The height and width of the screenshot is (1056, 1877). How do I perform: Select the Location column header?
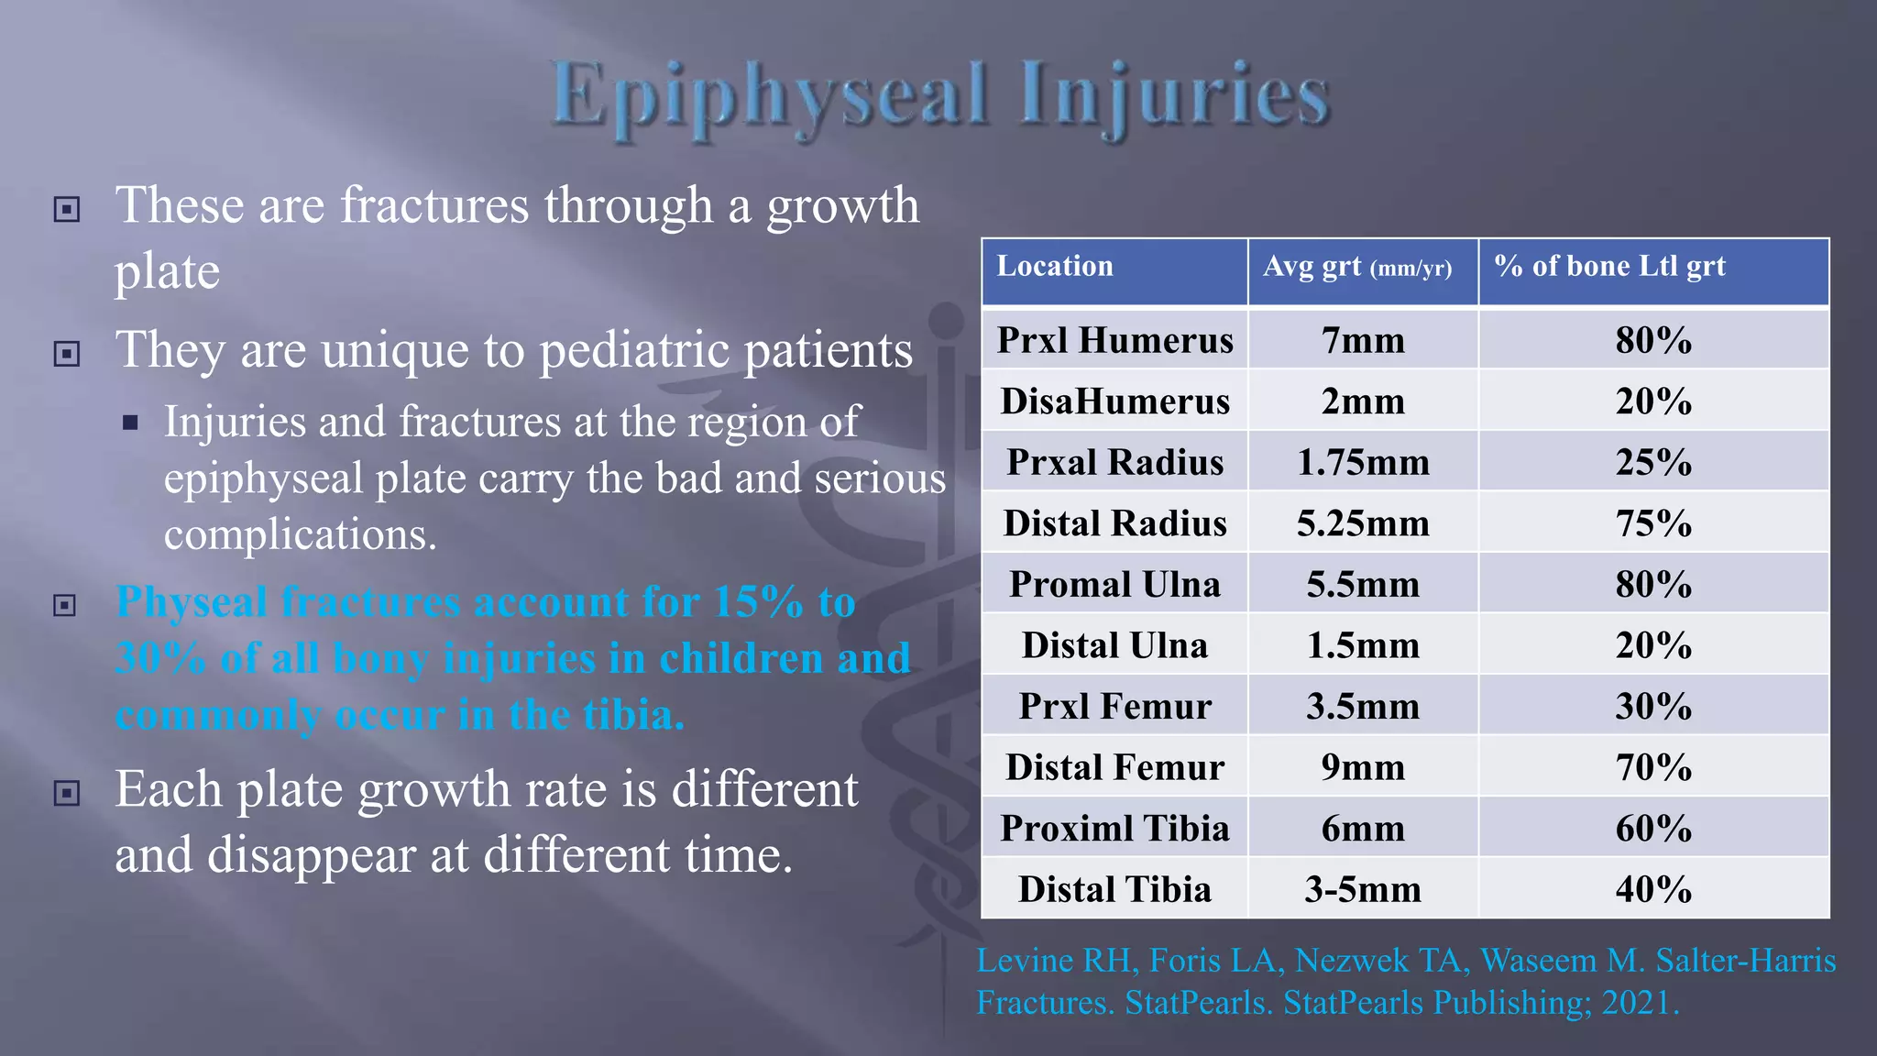click(x=1055, y=267)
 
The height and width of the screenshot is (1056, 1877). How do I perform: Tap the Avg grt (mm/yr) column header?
click(x=1357, y=267)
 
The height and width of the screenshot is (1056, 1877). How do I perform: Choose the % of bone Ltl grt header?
click(x=1609, y=267)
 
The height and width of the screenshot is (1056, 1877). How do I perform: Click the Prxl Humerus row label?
click(x=1115, y=340)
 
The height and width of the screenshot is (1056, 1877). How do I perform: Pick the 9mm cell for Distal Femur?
click(x=1363, y=767)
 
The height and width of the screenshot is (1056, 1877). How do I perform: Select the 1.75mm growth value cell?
click(x=1363, y=462)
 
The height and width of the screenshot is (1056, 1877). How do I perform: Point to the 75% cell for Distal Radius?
click(x=1653, y=523)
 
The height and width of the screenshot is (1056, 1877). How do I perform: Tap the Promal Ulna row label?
click(x=1115, y=585)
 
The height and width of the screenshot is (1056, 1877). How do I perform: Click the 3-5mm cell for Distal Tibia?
click(x=1363, y=889)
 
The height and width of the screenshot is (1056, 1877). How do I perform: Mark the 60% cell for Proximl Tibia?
click(x=1653, y=829)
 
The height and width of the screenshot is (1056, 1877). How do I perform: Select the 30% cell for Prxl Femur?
click(x=1653, y=707)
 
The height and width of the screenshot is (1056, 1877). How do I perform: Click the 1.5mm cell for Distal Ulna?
click(x=1363, y=645)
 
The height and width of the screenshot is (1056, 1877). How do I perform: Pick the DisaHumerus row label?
click(x=1115, y=401)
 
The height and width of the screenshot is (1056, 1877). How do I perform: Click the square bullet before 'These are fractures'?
click(x=67, y=210)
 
